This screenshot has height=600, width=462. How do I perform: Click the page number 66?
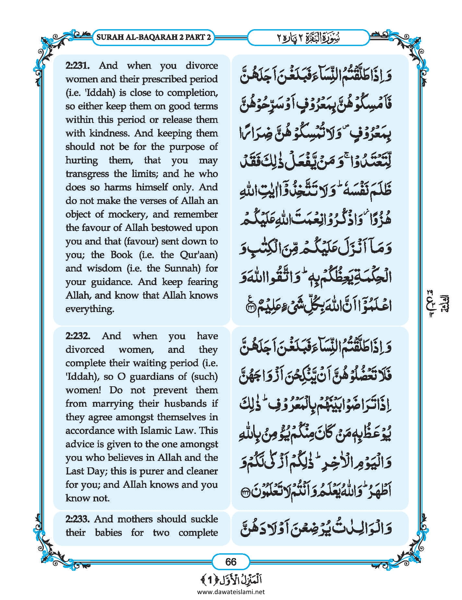[231, 561]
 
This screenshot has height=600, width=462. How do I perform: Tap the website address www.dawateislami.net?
[231, 592]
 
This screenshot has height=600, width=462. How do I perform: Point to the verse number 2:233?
[77, 519]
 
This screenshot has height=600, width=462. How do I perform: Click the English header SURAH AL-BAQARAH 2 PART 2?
[154, 37]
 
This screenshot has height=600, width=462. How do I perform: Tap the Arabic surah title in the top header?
[308, 37]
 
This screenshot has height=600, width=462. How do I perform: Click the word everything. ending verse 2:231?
[90, 309]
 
